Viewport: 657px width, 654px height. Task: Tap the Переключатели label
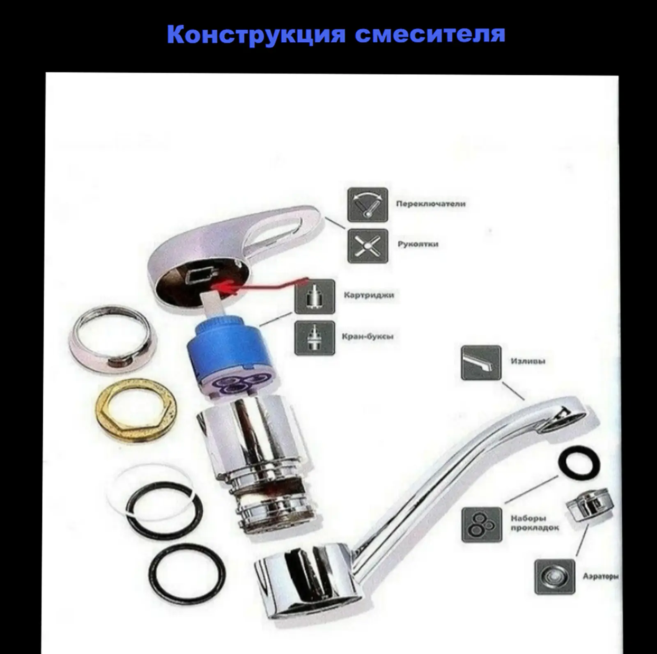click(x=431, y=204)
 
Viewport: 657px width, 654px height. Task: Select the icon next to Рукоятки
click(x=368, y=246)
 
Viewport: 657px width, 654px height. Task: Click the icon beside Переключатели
click(x=368, y=204)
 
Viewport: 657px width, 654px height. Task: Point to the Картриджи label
click(x=369, y=295)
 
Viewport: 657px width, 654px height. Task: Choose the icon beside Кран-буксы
click(x=315, y=338)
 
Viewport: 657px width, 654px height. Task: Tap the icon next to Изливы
click(x=481, y=362)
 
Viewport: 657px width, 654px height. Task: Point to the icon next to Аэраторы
click(x=554, y=576)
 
